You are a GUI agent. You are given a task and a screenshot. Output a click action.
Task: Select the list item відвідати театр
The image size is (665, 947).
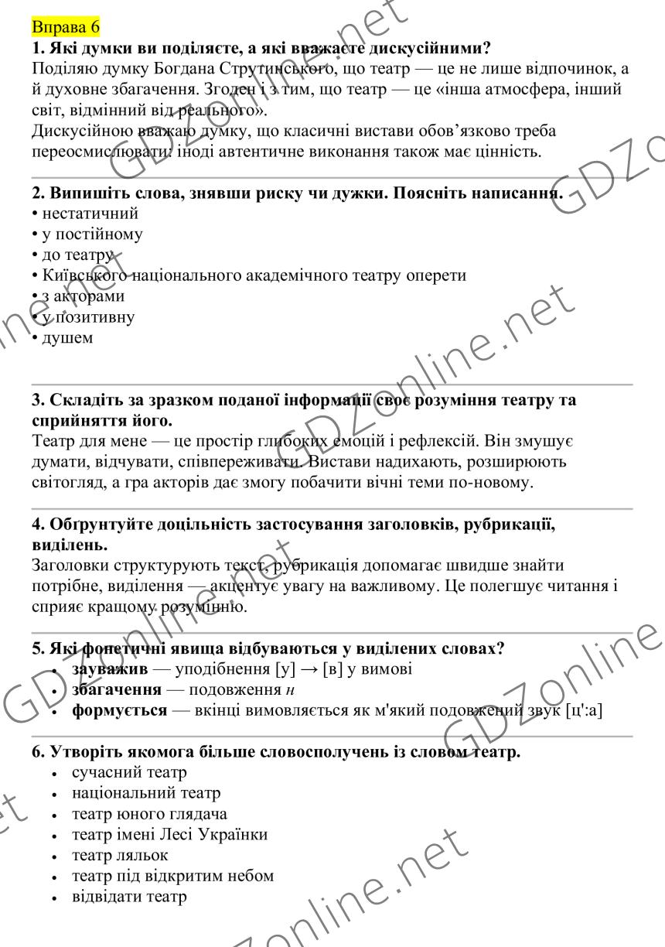point(129,897)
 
